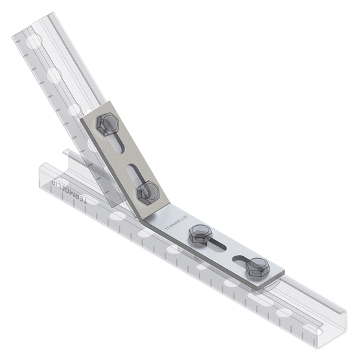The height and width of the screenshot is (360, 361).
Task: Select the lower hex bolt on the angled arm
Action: point(149,191)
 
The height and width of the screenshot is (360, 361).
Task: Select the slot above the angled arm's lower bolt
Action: point(136,171)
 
